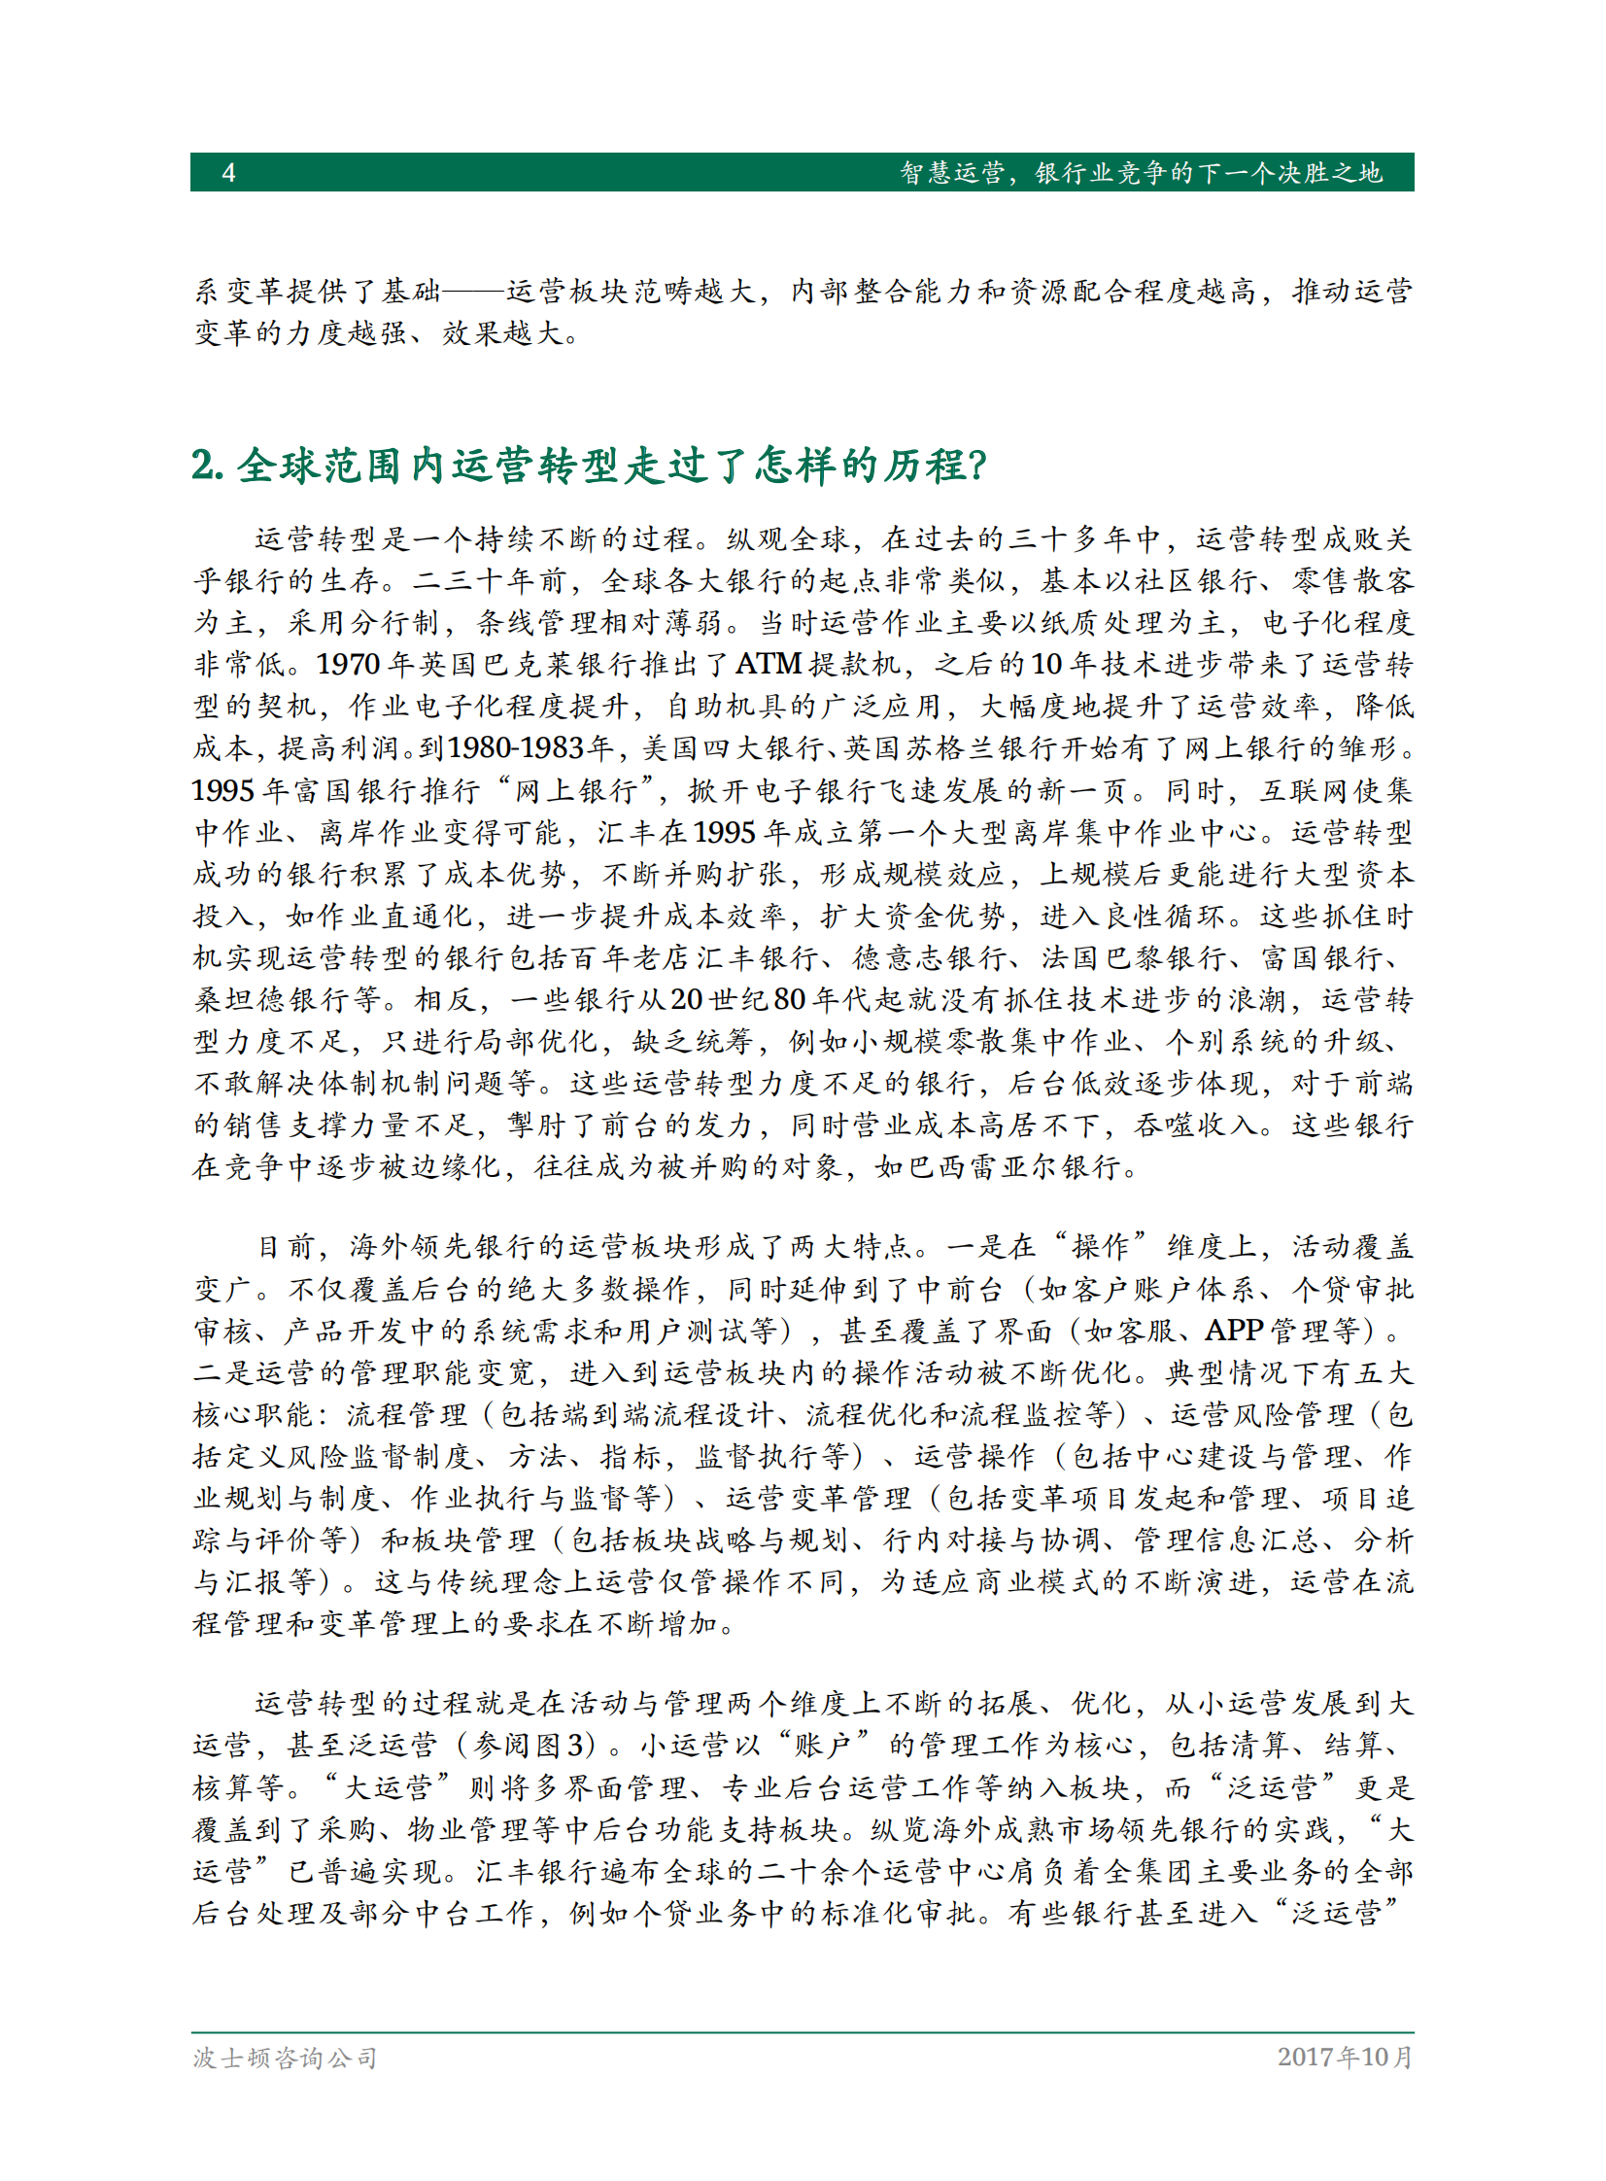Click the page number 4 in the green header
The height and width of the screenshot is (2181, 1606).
pyautogui.click(x=228, y=172)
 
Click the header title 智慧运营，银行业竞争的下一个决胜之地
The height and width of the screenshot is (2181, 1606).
pyautogui.click(x=1140, y=172)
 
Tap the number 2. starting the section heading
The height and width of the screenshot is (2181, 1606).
pyautogui.click(x=207, y=465)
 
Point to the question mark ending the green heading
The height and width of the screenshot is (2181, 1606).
pyautogui.click(x=977, y=465)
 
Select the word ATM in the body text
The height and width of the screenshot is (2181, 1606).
pyautogui.click(x=768, y=664)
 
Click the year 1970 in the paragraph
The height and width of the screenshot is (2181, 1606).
pyautogui.click(x=348, y=664)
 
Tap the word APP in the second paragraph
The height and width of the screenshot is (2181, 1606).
pyautogui.click(x=1234, y=1331)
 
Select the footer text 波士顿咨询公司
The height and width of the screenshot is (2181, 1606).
pyautogui.click(x=285, y=2058)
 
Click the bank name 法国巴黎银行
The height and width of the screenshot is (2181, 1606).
pyautogui.click(x=1133, y=957)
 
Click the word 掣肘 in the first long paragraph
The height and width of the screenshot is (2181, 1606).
pyautogui.click(x=536, y=1125)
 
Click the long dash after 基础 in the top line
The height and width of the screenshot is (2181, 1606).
pyautogui.click(x=473, y=291)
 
